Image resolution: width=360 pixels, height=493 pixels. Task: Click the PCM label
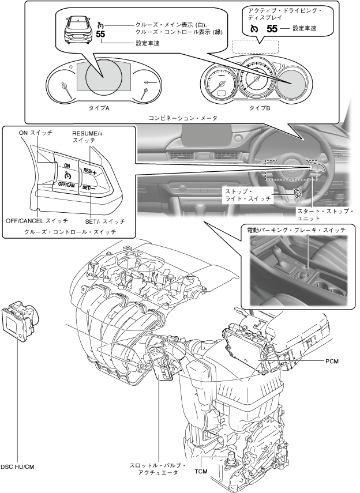(332, 362)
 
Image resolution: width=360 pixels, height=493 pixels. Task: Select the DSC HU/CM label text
(18, 466)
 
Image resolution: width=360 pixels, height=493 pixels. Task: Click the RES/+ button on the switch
(90, 171)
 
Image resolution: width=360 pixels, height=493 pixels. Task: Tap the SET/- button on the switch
(89, 188)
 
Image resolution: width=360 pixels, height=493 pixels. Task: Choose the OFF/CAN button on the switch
(66, 185)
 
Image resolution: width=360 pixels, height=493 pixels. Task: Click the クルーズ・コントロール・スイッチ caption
(70, 231)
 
